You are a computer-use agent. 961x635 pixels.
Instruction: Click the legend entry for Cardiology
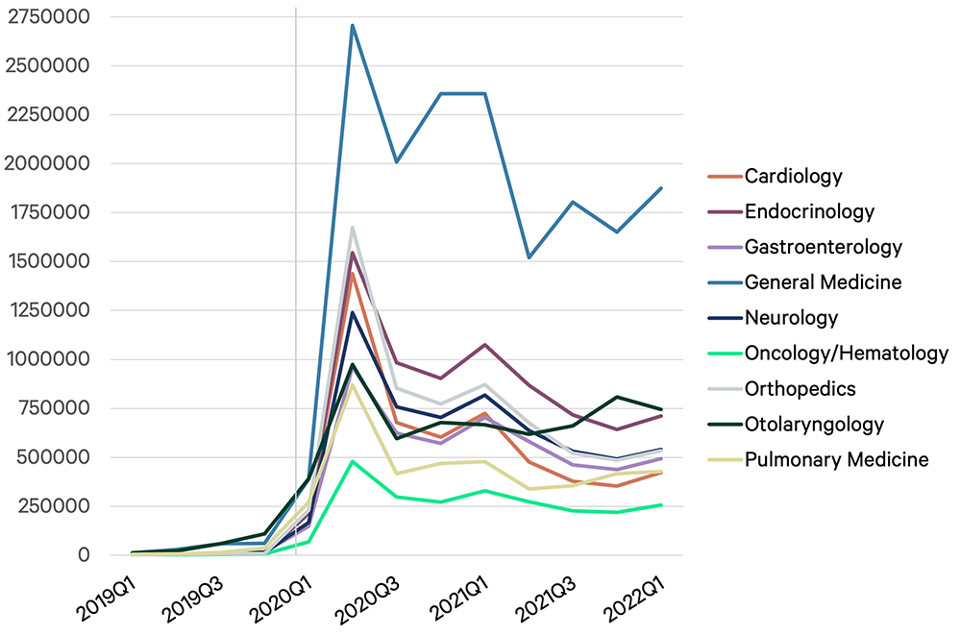[x=793, y=176]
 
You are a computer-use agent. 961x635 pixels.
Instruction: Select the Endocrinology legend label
[x=809, y=211]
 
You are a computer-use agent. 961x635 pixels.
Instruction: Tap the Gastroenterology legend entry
[x=824, y=247]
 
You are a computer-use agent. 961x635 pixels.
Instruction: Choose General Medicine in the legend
[x=824, y=282]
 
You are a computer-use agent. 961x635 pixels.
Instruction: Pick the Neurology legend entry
[x=791, y=318]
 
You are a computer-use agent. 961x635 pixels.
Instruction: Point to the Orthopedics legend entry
[x=801, y=389]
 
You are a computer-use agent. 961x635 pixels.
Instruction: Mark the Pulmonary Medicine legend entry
[x=837, y=460]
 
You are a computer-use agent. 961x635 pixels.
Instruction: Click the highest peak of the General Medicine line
[x=353, y=26]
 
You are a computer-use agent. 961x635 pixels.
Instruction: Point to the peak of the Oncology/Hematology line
[x=353, y=461]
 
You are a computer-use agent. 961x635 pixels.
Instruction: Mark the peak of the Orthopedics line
[x=353, y=228]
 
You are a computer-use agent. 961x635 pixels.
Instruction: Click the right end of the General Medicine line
[x=661, y=188]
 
